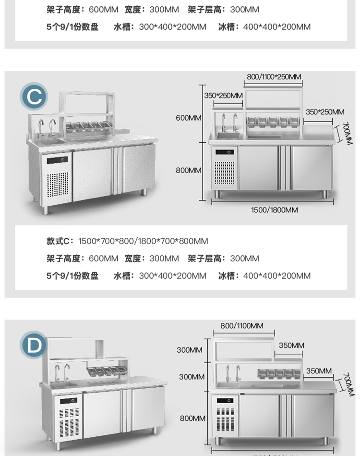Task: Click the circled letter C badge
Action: click(x=34, y=97)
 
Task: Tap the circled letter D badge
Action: click(x=34, y=345)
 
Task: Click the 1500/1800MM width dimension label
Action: click(x=275, y=210)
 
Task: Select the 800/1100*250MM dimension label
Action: click(x=274, y=76)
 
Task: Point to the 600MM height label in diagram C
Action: click(x=189, y=118)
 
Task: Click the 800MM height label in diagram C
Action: click(x=189, y=170)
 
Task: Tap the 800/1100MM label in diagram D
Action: click(x=242, y=326)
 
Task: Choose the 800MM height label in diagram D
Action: click(x=192, y=419)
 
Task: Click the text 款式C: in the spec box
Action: click(x=60, y=241)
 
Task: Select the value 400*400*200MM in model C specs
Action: click(x=276, y=276)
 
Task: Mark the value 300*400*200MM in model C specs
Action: click(x=172, y=276)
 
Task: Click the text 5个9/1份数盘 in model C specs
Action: click(x=72, y=276)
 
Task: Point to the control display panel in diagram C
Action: click(x=226, y=152)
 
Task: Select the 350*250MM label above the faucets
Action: click(x=223, y=95)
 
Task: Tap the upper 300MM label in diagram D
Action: click(x=190, y=350)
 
